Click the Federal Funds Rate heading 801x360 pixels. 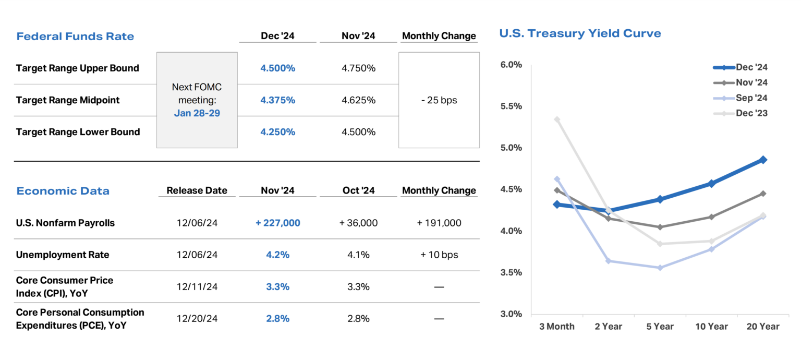[75, 37]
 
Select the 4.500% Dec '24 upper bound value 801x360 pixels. [277, 68]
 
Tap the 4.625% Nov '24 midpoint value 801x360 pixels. [358, 100]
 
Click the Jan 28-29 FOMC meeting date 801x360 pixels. [197, 113]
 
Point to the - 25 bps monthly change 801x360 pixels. [439, 100]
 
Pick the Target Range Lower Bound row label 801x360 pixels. [78, 132]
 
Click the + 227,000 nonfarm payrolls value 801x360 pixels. [277, 223]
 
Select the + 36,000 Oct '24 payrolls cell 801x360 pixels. [358, 223]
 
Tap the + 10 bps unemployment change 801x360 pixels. [439, 255]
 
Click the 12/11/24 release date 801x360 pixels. [197, 287]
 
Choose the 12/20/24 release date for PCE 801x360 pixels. [197, 319]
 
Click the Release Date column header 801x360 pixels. [197, 191]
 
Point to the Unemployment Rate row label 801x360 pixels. [63, 255]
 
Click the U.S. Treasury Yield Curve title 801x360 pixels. [580, 34]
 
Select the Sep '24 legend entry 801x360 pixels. [751, 98]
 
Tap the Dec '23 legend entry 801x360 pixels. [751, 114]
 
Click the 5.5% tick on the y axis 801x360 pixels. [512, 106]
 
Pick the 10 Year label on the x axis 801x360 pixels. [711, 327]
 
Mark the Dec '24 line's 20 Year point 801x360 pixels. [763, 160]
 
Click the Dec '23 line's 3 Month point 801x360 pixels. [557, 119]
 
